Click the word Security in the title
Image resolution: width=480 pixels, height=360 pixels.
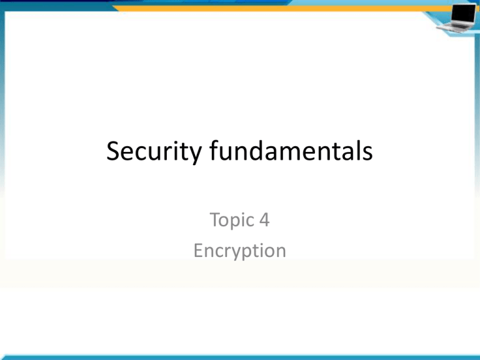pos(154,152)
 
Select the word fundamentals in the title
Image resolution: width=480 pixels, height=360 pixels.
pos(291,150)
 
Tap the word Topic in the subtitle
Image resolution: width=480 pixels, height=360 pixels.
pos(232,221)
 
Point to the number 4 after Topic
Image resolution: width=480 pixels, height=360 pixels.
pos(264,219)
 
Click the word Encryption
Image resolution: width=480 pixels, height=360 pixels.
pos(240,251)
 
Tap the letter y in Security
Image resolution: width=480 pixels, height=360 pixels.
pos(195,155)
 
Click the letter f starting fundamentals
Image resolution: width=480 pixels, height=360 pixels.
pos(214,150)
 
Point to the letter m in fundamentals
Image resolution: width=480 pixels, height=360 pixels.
pos(297,153)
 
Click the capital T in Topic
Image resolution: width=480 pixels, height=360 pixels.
pos(216,219)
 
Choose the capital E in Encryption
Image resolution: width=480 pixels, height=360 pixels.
pos(198,251)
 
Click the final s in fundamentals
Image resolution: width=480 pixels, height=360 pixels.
pos(368,153)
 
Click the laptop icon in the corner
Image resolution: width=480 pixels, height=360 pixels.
pos(457,17)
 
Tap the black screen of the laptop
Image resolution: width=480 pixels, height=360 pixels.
pos(464,13)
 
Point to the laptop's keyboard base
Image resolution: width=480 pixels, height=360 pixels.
pos(453,27)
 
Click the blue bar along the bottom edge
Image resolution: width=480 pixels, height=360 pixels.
pos(240,357)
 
